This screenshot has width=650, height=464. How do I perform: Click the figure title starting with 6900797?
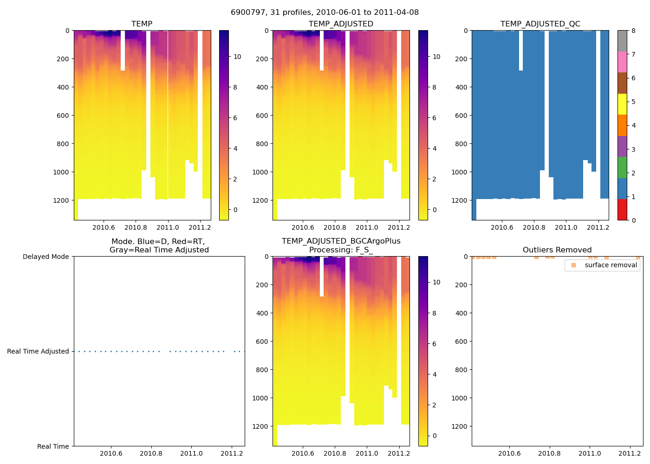coord(325,13)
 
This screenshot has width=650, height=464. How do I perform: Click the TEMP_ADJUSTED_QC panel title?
coord(540,24)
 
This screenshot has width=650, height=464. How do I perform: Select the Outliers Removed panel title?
coord(557,250)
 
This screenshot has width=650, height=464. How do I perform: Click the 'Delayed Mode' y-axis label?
coord(45,257)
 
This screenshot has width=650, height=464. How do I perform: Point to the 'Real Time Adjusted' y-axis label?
coord(38,351)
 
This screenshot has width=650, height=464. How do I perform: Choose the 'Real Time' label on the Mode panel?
coord(53,446)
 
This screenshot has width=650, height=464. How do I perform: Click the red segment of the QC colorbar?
coord(622,209)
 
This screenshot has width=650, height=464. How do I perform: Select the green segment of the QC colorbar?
coord(622,167)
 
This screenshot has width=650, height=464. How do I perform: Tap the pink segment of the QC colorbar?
coord(622,62)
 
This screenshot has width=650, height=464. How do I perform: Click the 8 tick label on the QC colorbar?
coord(633,31)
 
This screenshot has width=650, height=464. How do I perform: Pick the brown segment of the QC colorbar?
coord(622,83)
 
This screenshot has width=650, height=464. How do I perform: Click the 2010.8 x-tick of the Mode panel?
coord(151,453)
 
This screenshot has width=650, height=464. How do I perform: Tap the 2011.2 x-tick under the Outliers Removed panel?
coord(630,453)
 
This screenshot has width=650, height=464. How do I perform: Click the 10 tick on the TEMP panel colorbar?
coord(237,57)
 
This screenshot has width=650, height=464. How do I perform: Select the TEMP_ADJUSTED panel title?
coord(341,24)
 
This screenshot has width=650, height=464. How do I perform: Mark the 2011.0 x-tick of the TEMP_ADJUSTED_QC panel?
coord(566,227)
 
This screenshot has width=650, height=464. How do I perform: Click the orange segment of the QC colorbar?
coord(622,125)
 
